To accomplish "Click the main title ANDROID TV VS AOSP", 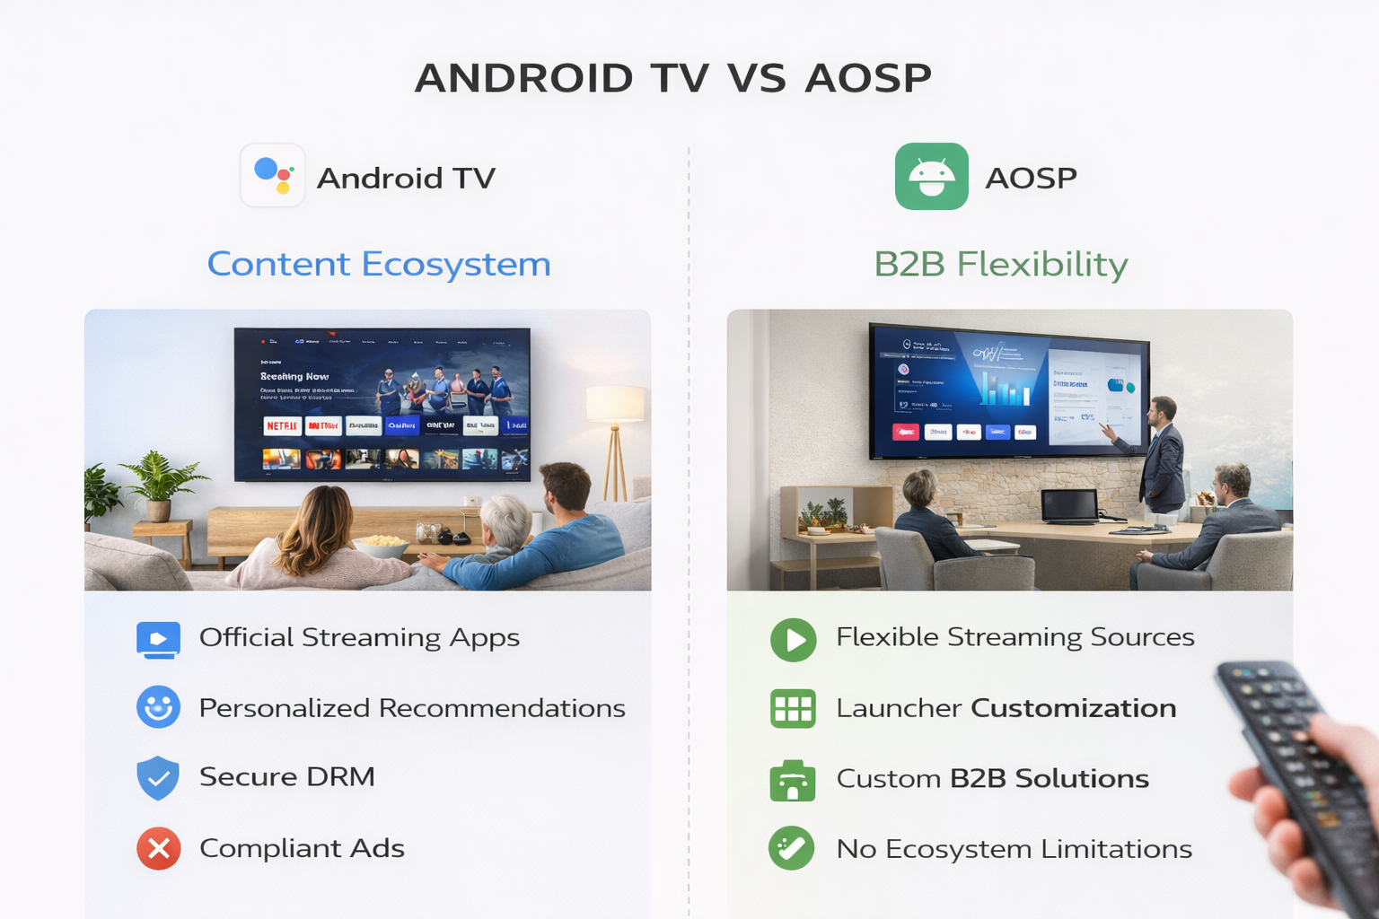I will pos(673,78).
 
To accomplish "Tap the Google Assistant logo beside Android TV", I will pos(273,176).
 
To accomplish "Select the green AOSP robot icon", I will pos(931,176).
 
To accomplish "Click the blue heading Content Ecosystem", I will pos(379,264).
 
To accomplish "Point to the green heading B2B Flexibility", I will pos(1001,264).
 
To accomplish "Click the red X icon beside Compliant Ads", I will pos(159,848).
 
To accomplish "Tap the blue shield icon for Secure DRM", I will pos(158,777).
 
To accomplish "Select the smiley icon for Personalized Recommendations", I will pos(158,707).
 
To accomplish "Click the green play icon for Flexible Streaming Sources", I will pos(794,640).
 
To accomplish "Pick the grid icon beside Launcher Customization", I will pos(793,708).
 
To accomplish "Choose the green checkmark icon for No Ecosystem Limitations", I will pos(792,848).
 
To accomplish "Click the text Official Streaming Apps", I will pos(359,637).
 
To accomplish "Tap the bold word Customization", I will pos(1074,708).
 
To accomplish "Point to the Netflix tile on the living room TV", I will pos(282,425).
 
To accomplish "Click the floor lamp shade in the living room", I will pos(615,404).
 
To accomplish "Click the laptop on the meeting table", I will pos(1068,508).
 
